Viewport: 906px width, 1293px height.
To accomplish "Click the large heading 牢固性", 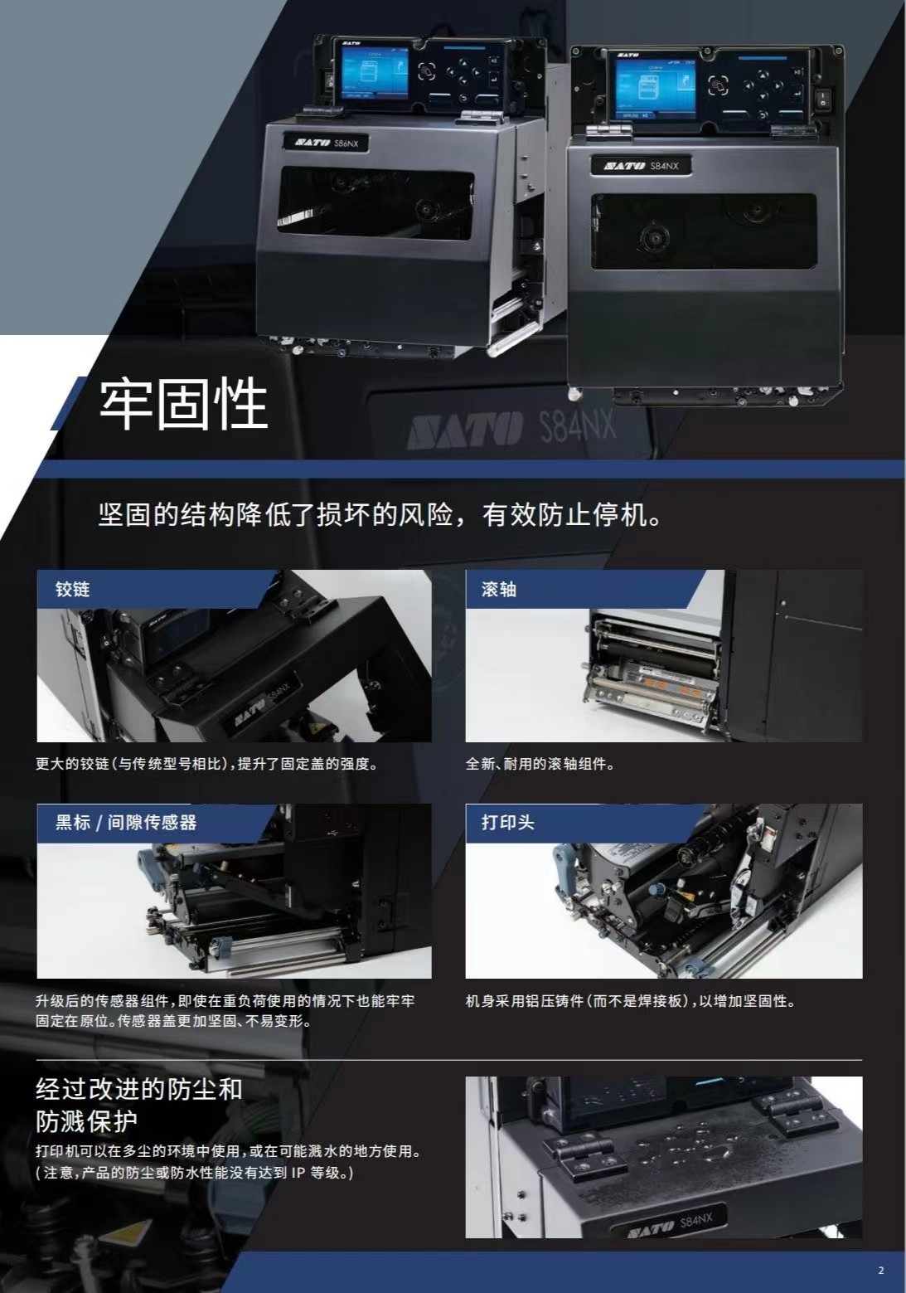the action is click(x=183, y=404).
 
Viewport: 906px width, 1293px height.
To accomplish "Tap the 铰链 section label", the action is click(x=72, y=590).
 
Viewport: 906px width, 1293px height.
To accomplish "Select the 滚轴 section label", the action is click(x=498, y=590).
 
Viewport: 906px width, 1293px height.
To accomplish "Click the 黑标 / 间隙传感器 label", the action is click(x=126, y=822).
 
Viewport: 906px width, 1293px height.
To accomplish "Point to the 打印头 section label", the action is click(x=508, y=822).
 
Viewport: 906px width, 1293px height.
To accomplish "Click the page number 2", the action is click(x=880, y=1270).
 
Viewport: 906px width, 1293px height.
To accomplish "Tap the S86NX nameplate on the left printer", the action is click(x=326, y=143).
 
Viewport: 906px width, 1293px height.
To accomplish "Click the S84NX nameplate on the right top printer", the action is click(x=641, y=166).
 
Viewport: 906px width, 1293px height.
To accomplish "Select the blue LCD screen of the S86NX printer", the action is click(x=375, y=72).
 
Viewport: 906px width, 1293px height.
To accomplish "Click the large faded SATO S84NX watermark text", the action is click(x=511, y=427).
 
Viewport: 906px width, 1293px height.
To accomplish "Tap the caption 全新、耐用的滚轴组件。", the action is click(x=540, y=764).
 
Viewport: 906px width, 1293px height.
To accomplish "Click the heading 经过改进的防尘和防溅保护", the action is click(x=139, y=1106).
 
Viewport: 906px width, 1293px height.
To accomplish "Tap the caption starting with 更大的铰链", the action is click(x=206, y=764).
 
